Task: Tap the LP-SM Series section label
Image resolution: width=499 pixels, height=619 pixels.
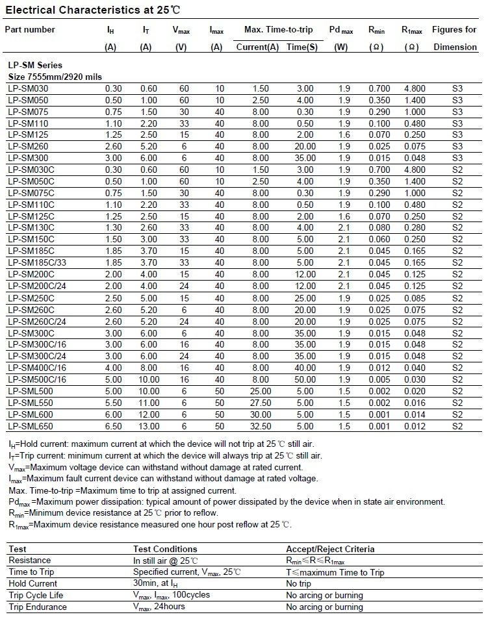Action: [x=35, y=66]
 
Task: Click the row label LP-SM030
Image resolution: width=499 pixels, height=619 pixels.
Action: [x=29, y=89]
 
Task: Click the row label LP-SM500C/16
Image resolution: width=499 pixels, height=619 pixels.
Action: [x=37, y=380]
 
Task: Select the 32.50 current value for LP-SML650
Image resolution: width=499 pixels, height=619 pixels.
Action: [x=261, y=426]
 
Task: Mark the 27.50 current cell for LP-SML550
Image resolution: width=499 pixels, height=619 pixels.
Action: [x=261, y=403]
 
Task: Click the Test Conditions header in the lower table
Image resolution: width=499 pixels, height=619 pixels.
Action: [x=165, y=549]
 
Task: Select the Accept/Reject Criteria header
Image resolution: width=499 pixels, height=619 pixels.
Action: [x=330, y=549]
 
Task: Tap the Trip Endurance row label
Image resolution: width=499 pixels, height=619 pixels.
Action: [x=38, y=607]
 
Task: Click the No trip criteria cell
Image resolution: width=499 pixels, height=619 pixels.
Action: [x=299, y=584]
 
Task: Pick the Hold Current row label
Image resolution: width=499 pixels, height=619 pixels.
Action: [x=33, y=584]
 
